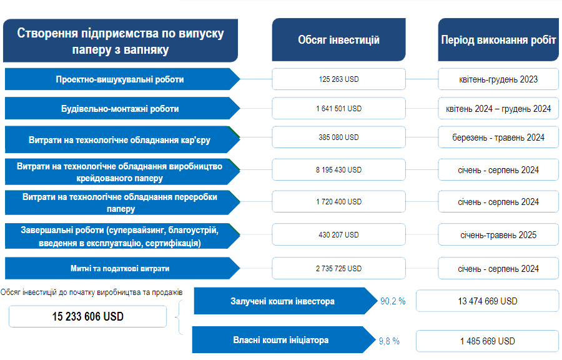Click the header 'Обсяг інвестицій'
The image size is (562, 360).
click(338, 40)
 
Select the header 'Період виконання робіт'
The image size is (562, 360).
click(498, 40)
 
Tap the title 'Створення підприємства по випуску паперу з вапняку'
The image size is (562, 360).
click(121, 41)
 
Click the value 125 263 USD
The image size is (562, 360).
click(338, 79)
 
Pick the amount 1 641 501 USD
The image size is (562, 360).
click(338, 108)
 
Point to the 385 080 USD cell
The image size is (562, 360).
click(338, 137)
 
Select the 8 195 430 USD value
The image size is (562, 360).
click(338, 169)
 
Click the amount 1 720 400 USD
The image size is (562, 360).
click(338, 202)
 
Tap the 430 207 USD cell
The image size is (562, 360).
click(338, 235)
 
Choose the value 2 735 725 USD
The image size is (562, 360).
click(338, 268)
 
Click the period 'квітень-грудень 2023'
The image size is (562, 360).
click(498, 79)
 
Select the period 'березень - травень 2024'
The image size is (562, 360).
click(498, 137)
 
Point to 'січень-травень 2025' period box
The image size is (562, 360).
click(498, 235)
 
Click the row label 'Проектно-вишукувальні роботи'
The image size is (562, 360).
click(119, 79)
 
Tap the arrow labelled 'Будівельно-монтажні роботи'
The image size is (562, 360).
click(119, 109)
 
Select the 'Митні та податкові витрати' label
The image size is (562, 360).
click(119, 268)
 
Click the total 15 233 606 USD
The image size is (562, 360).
click(87, 316)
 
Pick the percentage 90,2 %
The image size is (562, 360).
click(393, 301)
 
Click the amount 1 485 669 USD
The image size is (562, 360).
click(488, 341)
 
